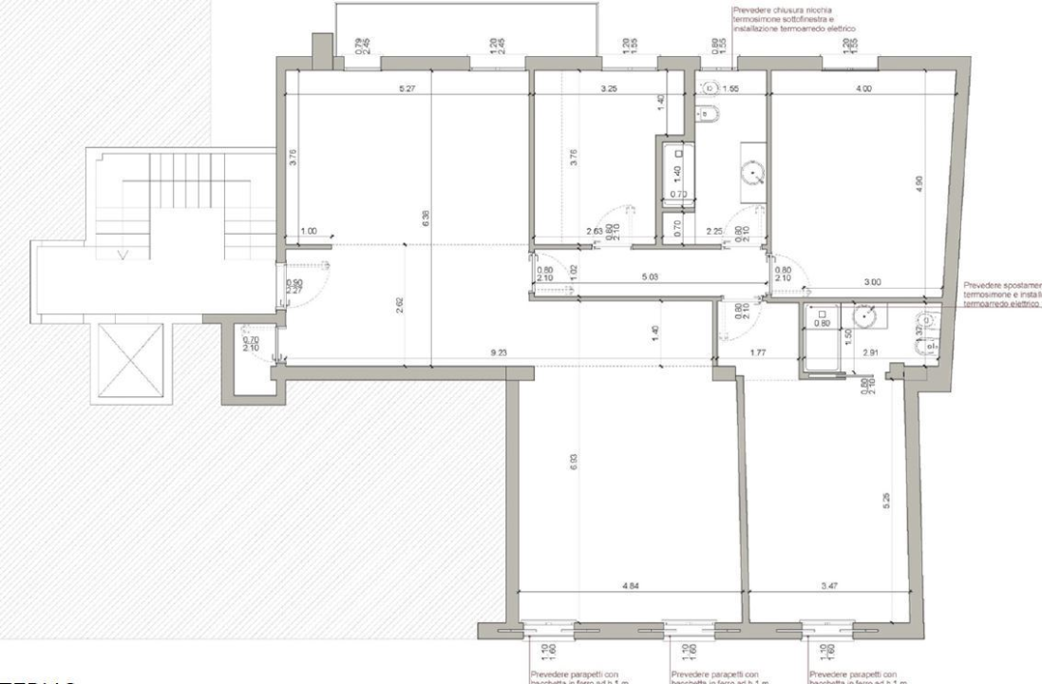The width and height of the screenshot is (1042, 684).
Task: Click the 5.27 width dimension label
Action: pyautogui.click(x=407, y=89)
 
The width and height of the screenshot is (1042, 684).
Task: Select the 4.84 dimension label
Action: pyautogui.click(x=629, y=585)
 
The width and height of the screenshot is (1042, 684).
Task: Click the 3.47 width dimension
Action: pyautogui.click(x=829, y=585)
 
